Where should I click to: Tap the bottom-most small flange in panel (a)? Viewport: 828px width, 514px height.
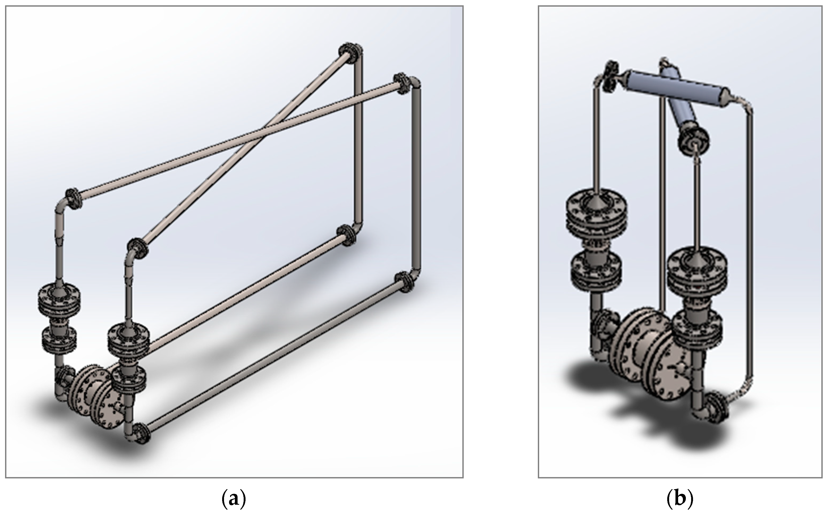click(140, 434)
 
